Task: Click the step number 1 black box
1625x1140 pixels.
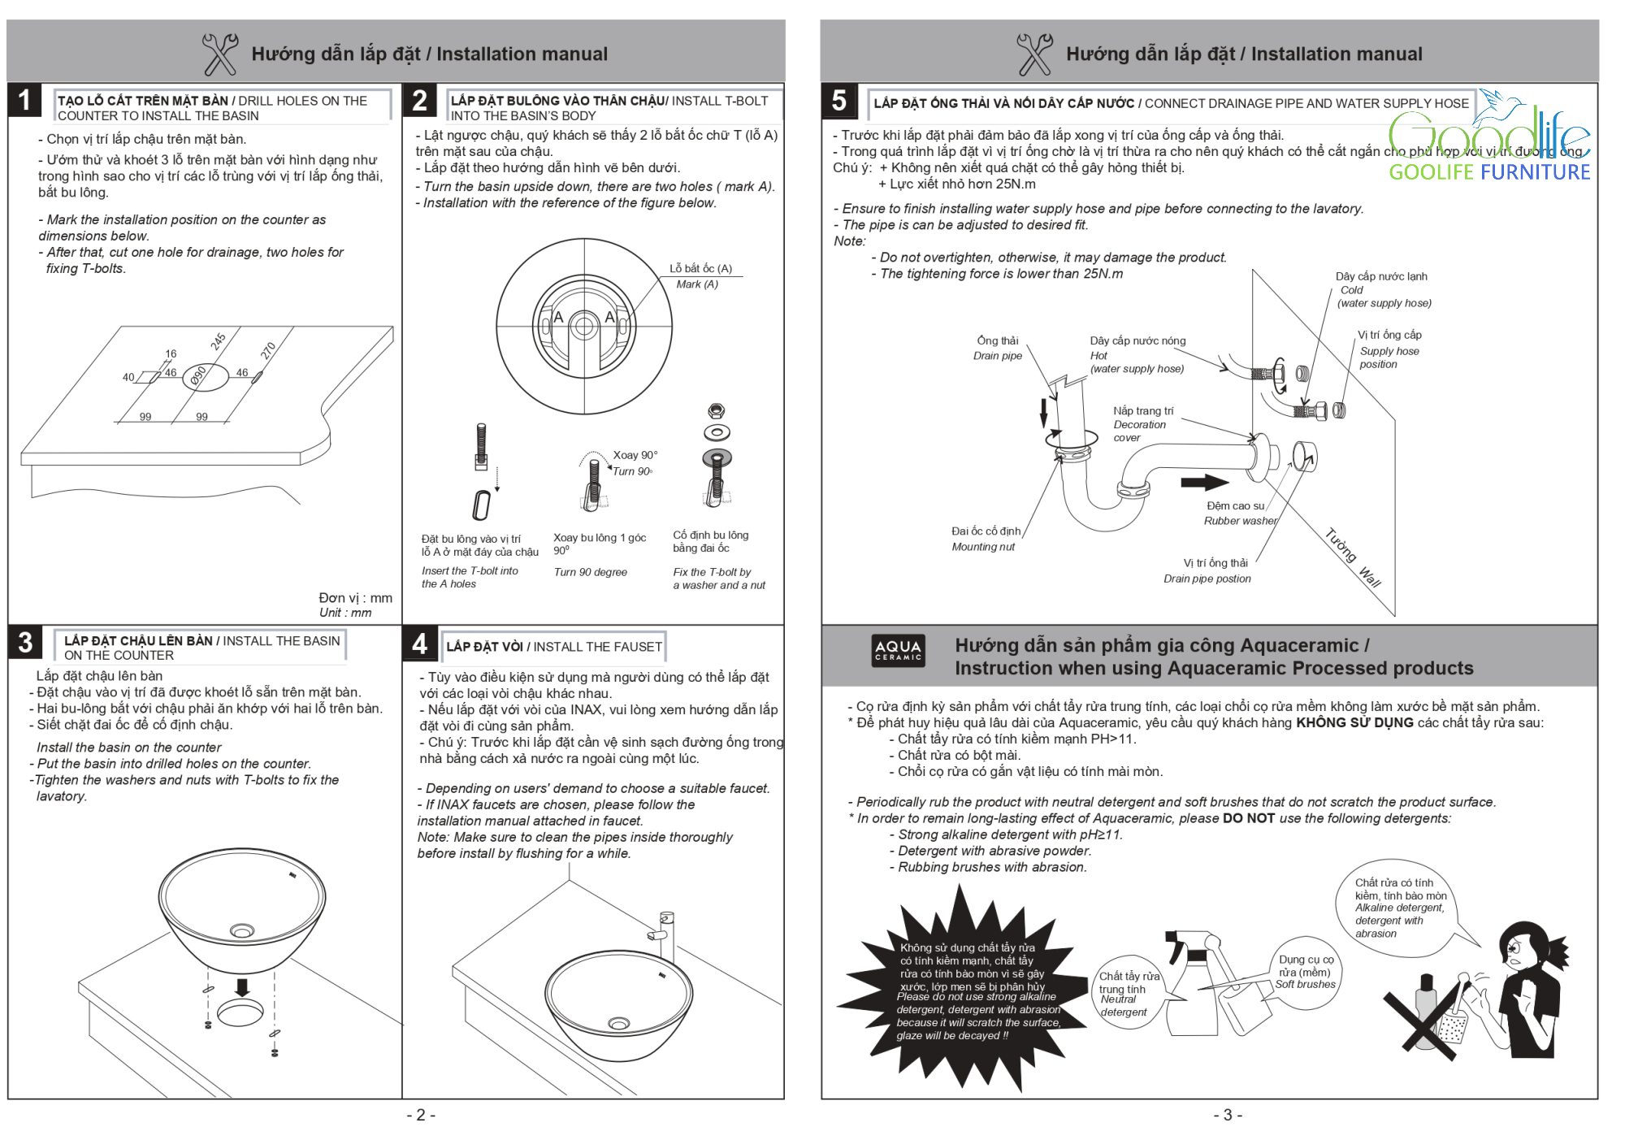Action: point(24,100)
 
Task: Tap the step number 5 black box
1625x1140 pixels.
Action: point(839,101)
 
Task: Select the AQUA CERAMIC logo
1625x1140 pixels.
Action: point(898,650)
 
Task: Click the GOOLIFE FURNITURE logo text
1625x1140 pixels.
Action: point(1488,172)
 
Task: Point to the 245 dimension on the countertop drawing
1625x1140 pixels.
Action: point(218,341)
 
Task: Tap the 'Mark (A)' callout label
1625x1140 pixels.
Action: point(697,284)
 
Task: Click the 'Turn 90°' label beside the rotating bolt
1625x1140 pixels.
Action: point(632,471)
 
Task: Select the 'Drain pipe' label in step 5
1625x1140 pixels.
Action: point(998,356)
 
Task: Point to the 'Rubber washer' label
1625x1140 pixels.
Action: point(1240,521)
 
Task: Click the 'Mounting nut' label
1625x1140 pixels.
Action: point(983,547)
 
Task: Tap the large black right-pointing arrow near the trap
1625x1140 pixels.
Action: point(1204,483)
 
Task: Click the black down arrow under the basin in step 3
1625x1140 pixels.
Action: point(241,987)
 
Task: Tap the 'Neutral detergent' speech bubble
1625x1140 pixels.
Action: point(1124,995)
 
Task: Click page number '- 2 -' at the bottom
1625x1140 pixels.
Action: point(421,1115)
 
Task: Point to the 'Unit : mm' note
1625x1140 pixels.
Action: point(345,613)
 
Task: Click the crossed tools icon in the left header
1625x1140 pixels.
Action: point(220,54)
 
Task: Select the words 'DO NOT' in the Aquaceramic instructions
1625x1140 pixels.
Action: point(1249,818)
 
